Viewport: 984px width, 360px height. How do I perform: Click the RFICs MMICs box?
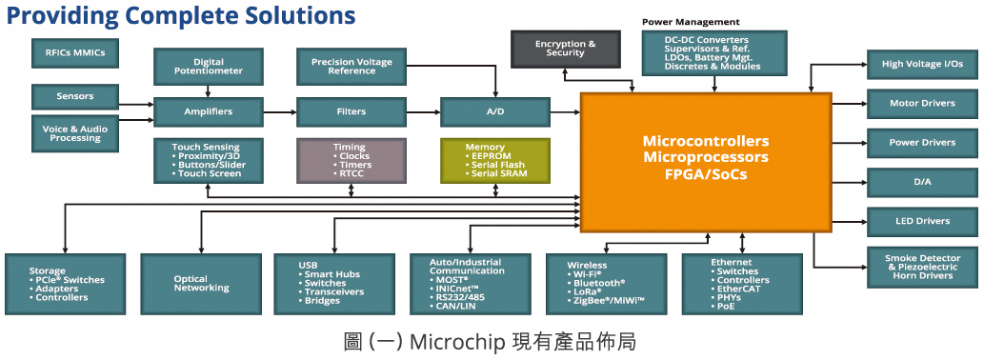(74, 53)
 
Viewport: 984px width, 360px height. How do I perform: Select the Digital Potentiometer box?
(209, 67)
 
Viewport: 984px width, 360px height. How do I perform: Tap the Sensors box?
(74, 96)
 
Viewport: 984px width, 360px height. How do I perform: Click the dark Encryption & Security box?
(566, 49)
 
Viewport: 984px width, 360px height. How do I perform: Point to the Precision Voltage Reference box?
(351, 67)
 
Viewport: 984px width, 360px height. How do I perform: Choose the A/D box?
(495, 111)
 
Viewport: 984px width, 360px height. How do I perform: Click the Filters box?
(351, 111)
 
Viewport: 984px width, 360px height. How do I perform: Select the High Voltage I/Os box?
(922, 64)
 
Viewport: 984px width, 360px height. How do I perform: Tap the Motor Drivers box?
(922, 104)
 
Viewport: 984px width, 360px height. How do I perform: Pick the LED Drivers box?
(922, 221)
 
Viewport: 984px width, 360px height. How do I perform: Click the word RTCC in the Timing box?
(351, 173)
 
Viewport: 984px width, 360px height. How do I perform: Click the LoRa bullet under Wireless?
(587, 291)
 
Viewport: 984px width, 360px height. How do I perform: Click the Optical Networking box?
(201, 284)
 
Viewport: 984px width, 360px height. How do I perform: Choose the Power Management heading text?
(691, 22)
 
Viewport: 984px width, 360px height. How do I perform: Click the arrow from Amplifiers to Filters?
(280, 111)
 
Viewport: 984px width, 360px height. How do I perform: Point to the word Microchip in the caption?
(459, 343)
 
